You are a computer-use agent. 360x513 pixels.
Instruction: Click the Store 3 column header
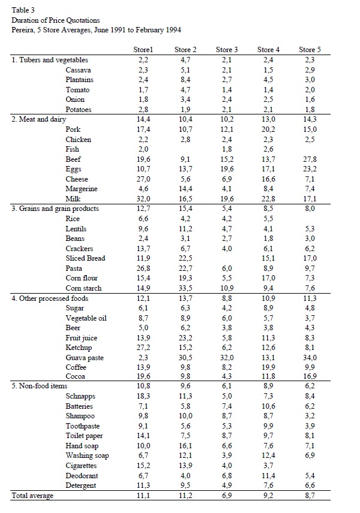(227, 50)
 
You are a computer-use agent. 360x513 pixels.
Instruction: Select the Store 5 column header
(310, 50)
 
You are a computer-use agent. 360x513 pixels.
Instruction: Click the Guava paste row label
(86, 357)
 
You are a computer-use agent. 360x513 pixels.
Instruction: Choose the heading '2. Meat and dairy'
(39, 119)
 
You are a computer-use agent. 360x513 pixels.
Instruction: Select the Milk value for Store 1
(143, 199)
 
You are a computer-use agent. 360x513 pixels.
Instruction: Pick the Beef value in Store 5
(310, 159)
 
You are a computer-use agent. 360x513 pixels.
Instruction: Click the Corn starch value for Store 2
(184, 288)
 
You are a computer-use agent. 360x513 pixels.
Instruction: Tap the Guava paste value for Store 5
(310, 357)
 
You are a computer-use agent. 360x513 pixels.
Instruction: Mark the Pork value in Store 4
(267, 129)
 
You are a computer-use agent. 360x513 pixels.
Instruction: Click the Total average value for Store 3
(226, 496)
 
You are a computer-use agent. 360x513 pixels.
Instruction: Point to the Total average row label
(33, 496)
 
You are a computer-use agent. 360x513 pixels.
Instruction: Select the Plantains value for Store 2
(184, 80)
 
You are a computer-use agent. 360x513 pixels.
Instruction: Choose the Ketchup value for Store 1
(143, 347)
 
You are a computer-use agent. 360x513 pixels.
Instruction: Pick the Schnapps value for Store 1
(143, 396)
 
